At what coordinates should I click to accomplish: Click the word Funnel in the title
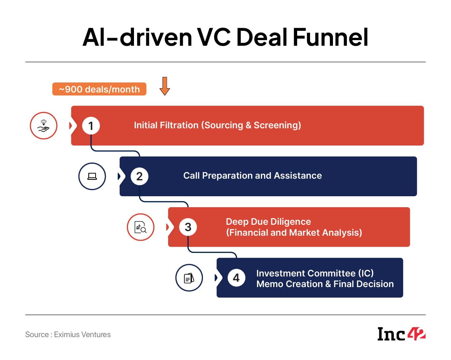331,37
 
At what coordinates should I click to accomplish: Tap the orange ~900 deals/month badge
99,89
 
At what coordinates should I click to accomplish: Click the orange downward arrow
164,86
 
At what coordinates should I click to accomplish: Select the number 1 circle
91,126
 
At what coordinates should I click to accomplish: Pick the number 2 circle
139,176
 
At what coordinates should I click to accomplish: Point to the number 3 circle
188,227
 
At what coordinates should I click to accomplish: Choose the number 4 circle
236,278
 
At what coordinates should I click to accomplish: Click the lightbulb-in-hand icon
43,126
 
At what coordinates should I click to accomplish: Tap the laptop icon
92,176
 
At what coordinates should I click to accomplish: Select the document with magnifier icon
141,227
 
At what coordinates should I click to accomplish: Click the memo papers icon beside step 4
189,278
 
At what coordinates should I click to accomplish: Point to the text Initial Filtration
166,125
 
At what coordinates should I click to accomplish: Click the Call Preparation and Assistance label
252,176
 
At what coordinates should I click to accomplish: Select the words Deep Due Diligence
268,221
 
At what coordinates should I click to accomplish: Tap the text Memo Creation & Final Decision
325,284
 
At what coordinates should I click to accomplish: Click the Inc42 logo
401,334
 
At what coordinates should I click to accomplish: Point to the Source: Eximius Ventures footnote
68,334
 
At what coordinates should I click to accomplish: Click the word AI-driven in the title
137,37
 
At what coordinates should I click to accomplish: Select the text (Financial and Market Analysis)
294,233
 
